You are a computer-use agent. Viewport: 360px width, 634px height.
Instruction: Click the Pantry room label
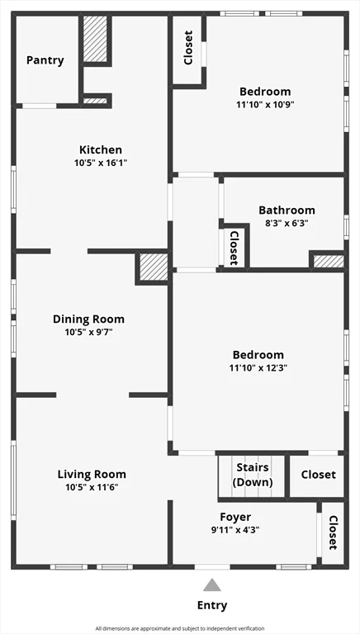pos(45,60)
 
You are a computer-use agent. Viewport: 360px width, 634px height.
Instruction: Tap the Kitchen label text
pos(101,150)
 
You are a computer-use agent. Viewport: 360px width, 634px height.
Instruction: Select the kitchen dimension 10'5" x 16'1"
pos(101,163)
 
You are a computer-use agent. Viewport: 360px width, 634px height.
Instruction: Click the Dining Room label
pos(88,319)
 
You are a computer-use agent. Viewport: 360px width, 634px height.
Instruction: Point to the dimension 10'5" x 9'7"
pos(88,332)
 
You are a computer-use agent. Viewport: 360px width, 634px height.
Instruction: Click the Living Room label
pos(92,475)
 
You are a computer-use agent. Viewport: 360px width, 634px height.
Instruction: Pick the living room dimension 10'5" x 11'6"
pos(92,487)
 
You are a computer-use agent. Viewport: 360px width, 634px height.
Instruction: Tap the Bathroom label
pos(287,211)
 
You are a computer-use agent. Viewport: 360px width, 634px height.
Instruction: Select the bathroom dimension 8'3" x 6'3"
pos(287,223)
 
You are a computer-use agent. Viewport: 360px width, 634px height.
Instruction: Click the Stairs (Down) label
pos(252,475)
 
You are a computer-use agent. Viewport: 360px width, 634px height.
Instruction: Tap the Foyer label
pos(235,518)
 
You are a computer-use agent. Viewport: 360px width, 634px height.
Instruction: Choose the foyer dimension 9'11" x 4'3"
pos(235,530)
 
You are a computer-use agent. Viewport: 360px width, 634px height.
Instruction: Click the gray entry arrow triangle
pos(212,585)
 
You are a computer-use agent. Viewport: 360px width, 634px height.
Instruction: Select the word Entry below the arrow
pos(212,605)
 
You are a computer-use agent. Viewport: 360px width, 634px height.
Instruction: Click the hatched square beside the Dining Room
pos(154,267)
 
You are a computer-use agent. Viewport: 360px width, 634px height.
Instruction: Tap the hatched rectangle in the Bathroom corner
pos(328,262)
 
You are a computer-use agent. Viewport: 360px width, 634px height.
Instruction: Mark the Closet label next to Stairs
pos(318,475)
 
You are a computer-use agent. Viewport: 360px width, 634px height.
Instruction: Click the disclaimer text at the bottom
pos(180,628)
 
